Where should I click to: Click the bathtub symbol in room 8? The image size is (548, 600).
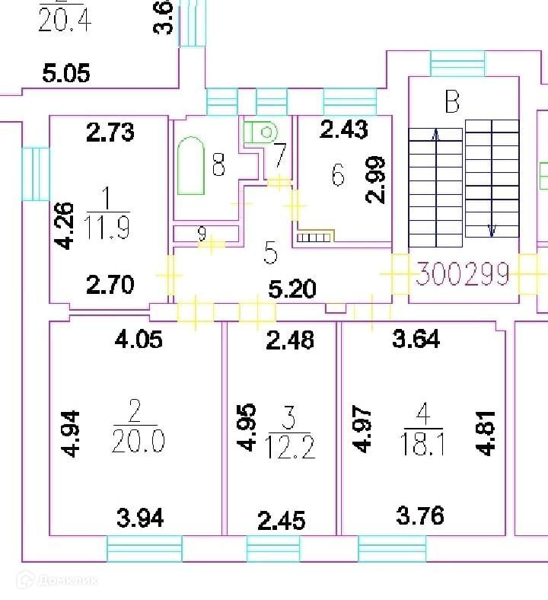[191, 166]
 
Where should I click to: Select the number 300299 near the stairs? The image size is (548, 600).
[462, 273]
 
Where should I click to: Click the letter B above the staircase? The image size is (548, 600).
[452, 101]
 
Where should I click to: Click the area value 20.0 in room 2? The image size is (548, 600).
[138, 441]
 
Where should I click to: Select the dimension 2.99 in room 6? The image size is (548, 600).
[376, 180]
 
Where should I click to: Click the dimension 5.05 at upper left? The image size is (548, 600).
[65, 74]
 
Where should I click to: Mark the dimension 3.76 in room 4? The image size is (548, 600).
[420, 516]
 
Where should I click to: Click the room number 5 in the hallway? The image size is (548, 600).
[270, 254]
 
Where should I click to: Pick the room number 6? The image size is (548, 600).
[338, 176]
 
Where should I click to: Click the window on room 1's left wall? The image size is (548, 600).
[36, 173]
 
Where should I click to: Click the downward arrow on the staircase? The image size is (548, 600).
[492, 228]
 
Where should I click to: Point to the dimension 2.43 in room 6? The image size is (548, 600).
[344, 129]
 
